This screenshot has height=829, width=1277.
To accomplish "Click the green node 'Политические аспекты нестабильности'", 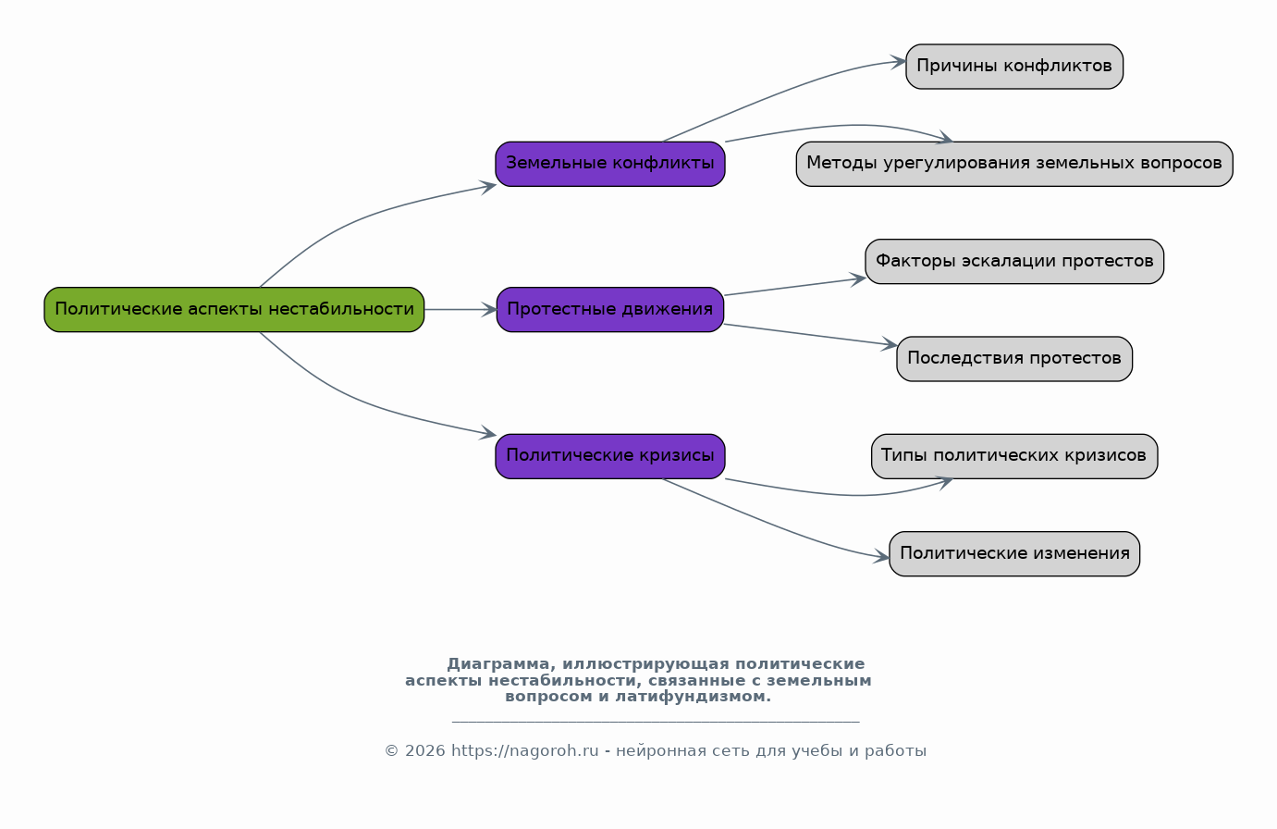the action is (234, 309).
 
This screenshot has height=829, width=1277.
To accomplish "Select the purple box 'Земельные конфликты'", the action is (610, 164).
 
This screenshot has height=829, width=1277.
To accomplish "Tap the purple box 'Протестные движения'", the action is (610, 309).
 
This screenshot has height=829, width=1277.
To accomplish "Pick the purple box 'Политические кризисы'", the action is (610, 456).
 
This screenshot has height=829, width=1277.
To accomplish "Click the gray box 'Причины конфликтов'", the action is (1014, 67).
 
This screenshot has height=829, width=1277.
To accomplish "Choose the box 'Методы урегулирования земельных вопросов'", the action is (1014, 164).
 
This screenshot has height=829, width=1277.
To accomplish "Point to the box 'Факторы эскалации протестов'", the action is (1014, 261).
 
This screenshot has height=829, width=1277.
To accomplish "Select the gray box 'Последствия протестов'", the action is (1014, 358).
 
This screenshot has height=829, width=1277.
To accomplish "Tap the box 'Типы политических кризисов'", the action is (1014, 456).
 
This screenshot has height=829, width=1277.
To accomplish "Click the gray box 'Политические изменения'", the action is (1014, 553).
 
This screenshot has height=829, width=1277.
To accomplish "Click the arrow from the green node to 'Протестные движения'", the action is (460, 309).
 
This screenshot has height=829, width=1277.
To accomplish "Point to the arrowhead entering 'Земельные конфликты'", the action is (488, 187).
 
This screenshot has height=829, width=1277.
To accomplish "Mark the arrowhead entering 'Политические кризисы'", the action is (488, 433).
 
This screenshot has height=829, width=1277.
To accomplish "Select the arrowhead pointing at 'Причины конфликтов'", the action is (898, 62).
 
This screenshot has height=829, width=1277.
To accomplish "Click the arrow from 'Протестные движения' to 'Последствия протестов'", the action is (810, 335).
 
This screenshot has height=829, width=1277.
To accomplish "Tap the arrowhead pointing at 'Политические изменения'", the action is (881, 557).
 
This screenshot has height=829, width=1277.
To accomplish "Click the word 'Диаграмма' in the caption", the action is (497, 664).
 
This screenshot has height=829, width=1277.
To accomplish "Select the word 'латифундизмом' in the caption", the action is (693, 697).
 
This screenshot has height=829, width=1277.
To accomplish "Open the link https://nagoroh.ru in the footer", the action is (524, 751).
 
